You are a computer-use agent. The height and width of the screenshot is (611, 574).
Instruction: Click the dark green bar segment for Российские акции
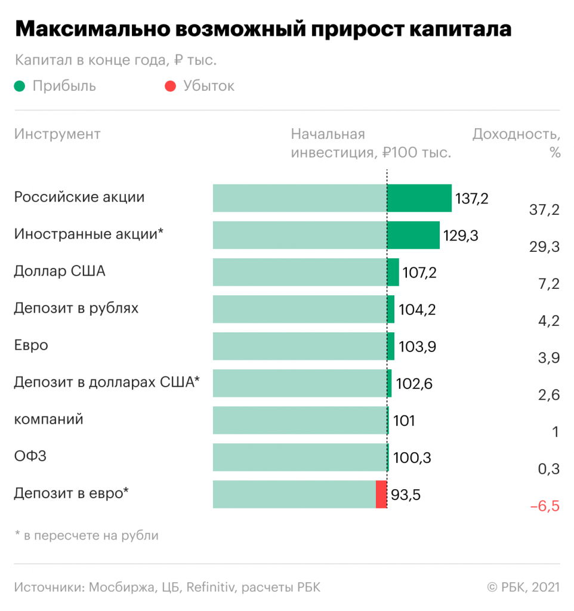419,198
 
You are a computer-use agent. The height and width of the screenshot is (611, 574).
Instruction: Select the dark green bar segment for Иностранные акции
413,235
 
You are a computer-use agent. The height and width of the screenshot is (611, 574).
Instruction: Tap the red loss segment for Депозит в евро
381,494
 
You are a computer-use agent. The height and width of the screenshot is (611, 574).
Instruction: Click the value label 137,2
471,199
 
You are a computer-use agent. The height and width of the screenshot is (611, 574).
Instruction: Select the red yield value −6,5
544,507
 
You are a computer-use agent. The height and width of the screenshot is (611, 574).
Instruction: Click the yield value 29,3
544,247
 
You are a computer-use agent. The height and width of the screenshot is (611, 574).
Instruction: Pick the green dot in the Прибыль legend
20,87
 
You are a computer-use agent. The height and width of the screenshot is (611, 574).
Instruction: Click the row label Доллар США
60,271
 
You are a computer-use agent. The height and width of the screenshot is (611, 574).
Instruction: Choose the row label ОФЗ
30,456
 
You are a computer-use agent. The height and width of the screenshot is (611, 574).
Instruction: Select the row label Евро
31,345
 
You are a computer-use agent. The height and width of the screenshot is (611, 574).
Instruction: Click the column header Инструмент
57,134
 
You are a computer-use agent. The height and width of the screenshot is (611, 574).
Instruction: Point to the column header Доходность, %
516,143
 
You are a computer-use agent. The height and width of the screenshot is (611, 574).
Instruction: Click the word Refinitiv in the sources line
210,587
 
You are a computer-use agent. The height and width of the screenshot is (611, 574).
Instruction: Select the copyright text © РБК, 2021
523,587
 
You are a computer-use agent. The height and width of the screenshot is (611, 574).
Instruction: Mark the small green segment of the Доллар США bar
393,272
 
